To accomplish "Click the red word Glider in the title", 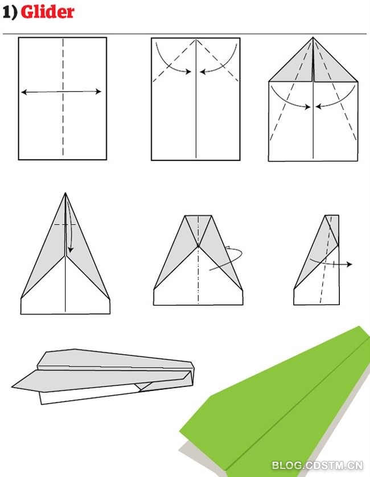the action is click(47, 12).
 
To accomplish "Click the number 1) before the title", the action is click(10, 13).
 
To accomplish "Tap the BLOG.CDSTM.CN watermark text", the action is click(317, 465).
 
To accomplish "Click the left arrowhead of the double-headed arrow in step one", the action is click(24, 92).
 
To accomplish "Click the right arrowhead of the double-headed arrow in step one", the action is click(98, 91).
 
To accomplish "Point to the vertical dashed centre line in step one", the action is click(63, 97).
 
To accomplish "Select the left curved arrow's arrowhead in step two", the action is click(188, 72).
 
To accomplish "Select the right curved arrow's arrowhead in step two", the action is click(203, 72).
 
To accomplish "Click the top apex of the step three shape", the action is click(313, 38).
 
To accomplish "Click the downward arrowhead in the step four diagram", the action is click(71, 250).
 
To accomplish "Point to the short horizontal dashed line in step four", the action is click(65, 224).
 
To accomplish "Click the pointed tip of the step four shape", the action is click(65, 193).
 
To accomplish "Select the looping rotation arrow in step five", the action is click(227, 258).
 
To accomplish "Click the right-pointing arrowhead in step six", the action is click(350, 264).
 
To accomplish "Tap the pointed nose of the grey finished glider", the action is click(12, 387).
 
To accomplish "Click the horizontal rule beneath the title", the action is click(184, 34).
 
